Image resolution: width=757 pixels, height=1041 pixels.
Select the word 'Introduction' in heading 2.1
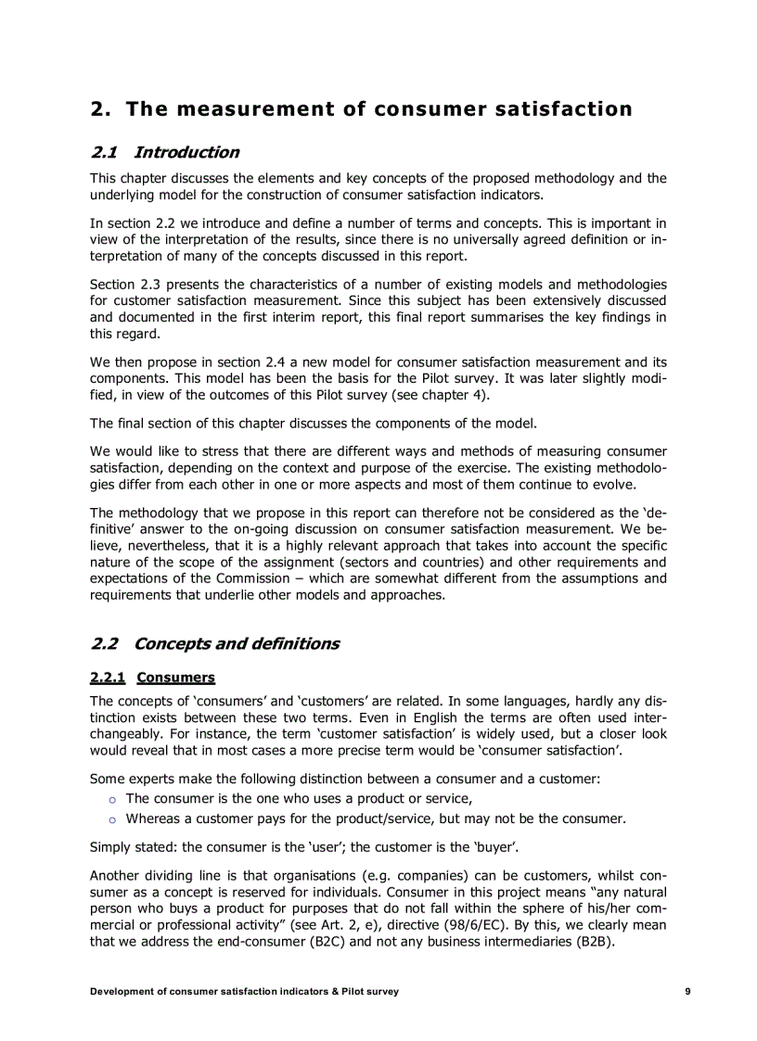point(186,152)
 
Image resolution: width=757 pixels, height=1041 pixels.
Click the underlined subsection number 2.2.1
point(107,678)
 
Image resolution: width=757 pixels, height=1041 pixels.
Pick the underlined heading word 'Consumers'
point(175,678)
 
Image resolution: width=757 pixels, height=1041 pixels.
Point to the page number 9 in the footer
point(687,991)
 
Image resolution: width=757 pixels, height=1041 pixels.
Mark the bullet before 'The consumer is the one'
point(111,799)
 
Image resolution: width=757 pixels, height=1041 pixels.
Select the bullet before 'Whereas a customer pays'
point(111,819)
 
